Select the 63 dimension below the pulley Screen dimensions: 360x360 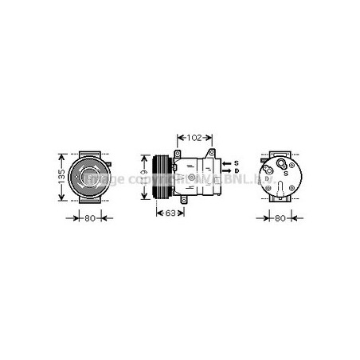coord(169,213)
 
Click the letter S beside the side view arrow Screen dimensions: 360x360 coord(237,162)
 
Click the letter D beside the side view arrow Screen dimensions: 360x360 coord(237,170)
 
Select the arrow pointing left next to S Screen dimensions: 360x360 coord(225,162)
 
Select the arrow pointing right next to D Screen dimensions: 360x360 coord(225,170)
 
